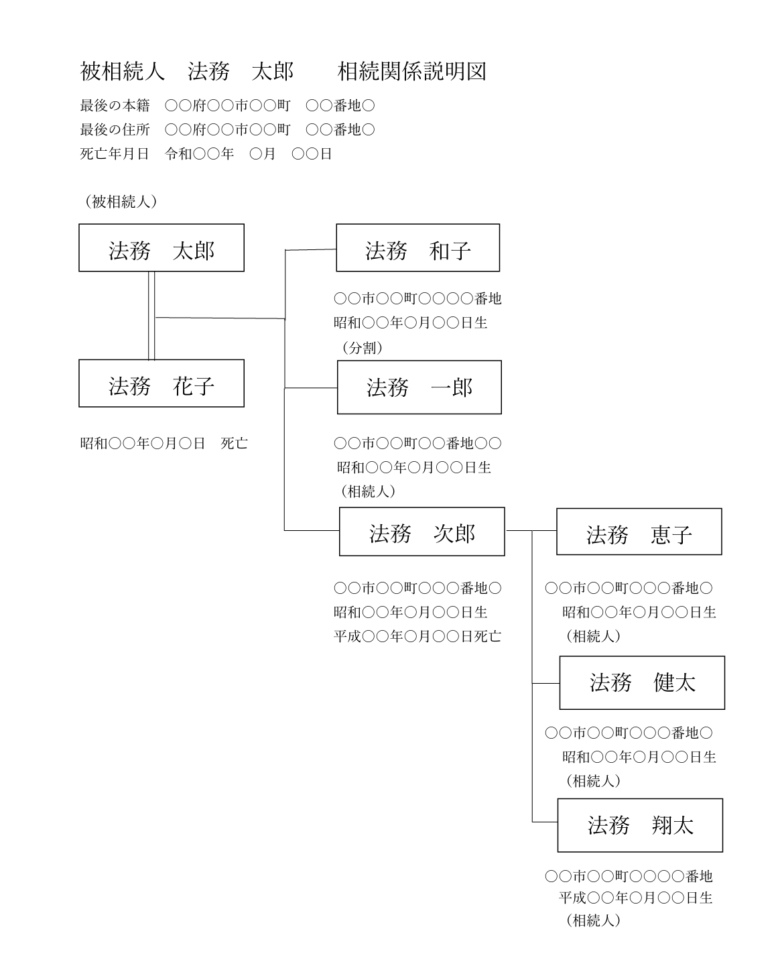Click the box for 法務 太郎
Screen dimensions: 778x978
161,247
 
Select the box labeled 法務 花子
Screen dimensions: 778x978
161,383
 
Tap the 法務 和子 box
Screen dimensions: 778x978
417,247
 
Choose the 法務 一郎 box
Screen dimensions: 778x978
419,387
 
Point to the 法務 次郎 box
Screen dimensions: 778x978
422,532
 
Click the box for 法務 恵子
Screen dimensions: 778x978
639,532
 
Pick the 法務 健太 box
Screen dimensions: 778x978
642,682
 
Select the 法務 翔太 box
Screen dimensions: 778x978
640,825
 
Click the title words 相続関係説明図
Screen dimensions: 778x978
411,71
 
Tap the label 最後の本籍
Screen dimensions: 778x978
115,105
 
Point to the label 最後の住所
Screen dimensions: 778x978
115,129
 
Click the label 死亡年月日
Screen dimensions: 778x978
115,154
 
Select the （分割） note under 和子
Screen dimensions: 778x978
362,348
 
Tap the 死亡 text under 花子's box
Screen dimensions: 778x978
234,443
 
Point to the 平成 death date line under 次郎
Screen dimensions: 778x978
417,636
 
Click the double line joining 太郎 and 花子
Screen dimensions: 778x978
151,316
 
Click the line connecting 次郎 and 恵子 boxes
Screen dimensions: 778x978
531,530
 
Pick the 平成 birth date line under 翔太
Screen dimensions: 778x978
635,898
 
